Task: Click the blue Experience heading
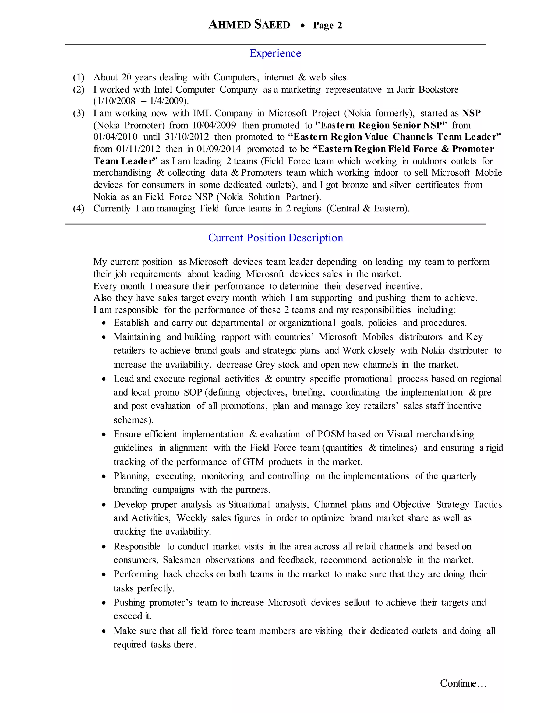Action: pos(275,53)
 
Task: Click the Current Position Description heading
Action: pos(275,238)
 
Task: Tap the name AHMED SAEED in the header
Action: pos(249,25)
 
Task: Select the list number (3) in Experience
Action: pos(79,113)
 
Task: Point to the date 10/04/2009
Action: pos(214,125)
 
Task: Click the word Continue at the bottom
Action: pos(462,683)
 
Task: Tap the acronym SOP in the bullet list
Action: pos(193,392)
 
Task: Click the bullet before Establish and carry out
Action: pos(104,323)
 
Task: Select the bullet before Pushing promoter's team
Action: pos(104,603)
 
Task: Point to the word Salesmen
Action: pos(182,560)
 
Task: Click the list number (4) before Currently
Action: pos(79,209)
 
